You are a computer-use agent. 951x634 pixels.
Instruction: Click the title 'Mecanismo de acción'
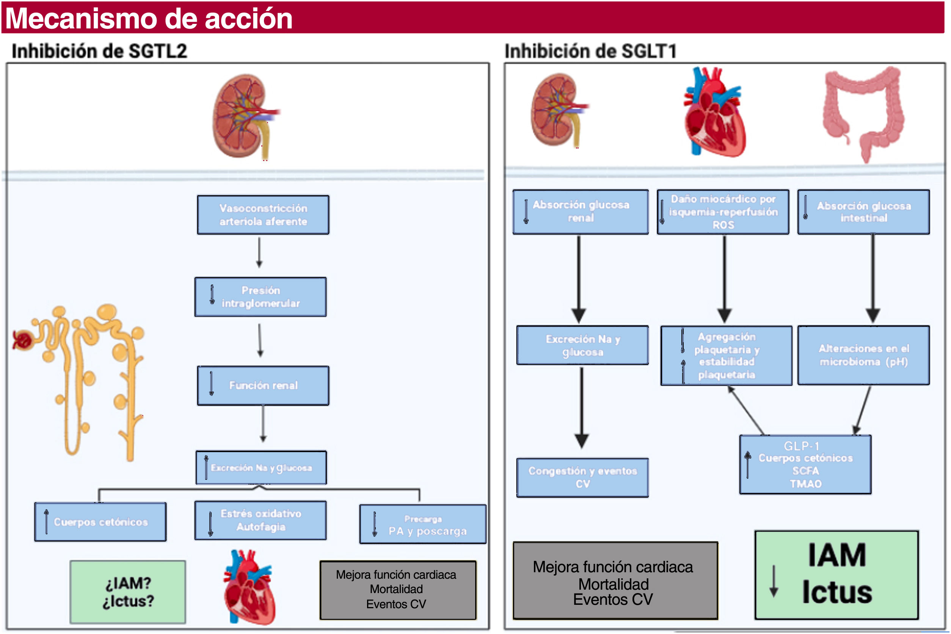pyautogui.click(x=149, y=18)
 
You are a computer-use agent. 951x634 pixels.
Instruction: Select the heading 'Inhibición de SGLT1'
pyautogui.click(x=590, y=52)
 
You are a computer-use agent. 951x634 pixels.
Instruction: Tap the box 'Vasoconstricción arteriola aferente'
pyautogui.click(x=263, y=215)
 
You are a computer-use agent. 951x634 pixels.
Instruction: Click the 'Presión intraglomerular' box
pyautogui.click(x=261, y=297)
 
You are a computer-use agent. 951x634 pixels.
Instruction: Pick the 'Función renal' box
pyautogui.click(x=263, y=386)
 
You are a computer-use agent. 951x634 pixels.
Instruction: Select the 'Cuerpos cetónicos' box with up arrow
pyautogui.click(x=100, y=521)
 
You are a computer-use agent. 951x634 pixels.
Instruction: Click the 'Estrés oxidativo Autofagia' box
pyautogui.click(x=261, y=520)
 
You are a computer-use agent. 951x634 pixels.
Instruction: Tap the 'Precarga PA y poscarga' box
pyautogui.click(x=423, y=524)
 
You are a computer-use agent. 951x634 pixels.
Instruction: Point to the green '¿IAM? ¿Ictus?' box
pyautogui.click(x=128, y=592)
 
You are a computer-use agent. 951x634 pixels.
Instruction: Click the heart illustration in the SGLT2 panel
pyautogui.click(x=250, y=587)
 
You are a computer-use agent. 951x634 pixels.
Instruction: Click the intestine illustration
pyautogui.click(x=864, y=114)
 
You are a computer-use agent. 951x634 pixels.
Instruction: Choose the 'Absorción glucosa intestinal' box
pyautogui.click(x=864, y=212)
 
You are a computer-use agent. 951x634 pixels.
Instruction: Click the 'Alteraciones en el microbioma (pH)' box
pyautogui.click(x=864, y=355)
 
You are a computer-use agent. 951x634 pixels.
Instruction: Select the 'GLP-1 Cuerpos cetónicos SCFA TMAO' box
pyautogui.click(x=805, y=465)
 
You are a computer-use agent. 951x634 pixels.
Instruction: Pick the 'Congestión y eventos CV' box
pyautogui.click(x=582, y=477)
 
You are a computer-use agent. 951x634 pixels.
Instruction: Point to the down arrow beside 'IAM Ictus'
pyautogui.click(x=774, y=581)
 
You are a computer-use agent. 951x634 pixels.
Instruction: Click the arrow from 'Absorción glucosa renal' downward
pyautogui.click(x=579, y=279)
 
